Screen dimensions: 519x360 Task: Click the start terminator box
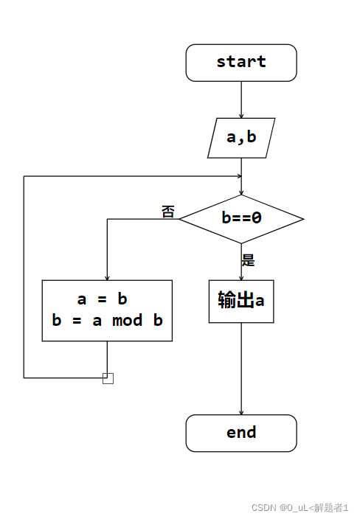pos(241,63)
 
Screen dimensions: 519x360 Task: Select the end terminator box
pos(241,433)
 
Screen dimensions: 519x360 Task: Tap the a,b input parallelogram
pos(241,137)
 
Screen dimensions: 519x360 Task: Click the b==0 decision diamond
pos(241,218)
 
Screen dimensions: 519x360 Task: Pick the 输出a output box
pos(241,301)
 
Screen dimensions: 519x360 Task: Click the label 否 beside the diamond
pos(168,212)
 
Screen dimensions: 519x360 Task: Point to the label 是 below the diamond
pos(249,259)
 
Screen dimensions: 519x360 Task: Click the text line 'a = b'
pos(103,299)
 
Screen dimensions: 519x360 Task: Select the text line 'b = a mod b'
pos(107,321)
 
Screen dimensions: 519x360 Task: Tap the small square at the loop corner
pos(108,378)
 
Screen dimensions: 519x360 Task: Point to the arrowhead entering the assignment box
pos(107,276)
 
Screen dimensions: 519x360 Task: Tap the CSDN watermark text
pos(300,507)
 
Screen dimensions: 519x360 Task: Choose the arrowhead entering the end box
pos(241,411)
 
